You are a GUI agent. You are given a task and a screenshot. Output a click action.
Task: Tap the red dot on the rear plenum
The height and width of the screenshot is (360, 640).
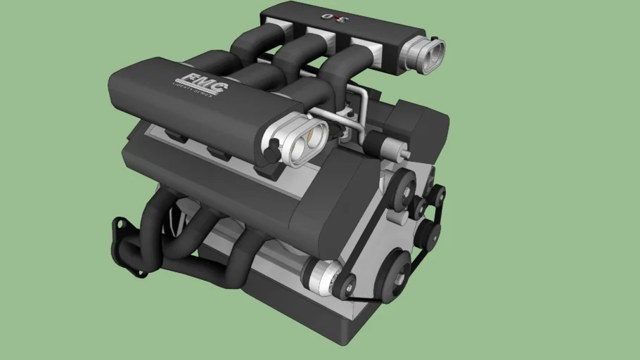(338, 16)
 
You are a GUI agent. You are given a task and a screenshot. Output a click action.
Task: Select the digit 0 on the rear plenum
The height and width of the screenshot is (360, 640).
(326, 16)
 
